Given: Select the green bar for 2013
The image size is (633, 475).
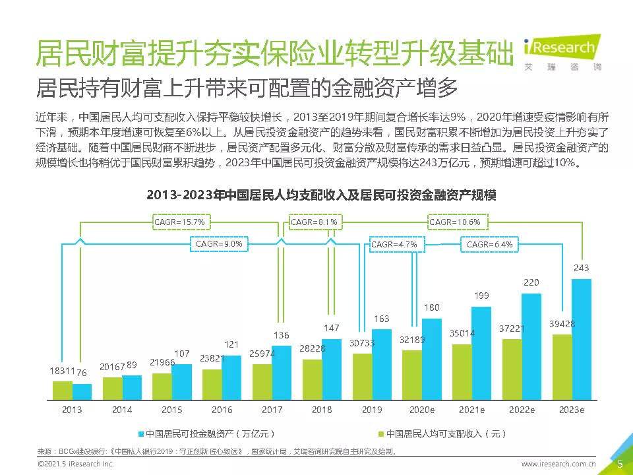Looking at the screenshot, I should pos(63,391).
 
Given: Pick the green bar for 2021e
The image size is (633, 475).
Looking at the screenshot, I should pos(462,372).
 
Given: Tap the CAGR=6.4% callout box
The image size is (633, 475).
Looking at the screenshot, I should pos(489,244).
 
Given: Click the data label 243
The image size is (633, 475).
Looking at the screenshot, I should pos(582,268).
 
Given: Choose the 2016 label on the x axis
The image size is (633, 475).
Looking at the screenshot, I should pos(222,410).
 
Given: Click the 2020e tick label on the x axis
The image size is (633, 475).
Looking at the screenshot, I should pos(422,410).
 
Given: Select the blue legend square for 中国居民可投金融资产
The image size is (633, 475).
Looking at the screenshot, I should pos(140,434).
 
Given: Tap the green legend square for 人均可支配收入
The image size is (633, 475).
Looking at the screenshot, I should pos(380,434).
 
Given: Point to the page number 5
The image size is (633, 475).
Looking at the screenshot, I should pos(620,464).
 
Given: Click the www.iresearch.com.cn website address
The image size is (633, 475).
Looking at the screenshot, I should pos(558,464).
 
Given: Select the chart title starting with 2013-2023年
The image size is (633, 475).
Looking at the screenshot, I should pos(321,196).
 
